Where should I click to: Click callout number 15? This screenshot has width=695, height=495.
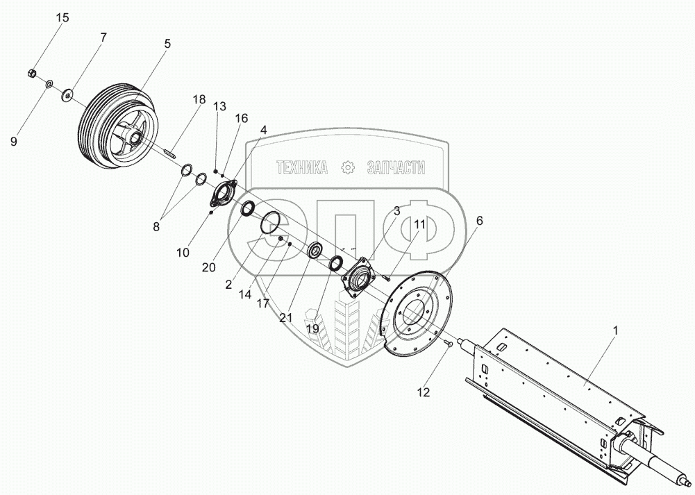coord(62,18)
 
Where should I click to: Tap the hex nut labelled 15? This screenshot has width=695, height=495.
coord(32,73)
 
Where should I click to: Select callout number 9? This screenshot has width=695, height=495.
coord(14,142)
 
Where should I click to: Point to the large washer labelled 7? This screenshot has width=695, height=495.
coord(68,95)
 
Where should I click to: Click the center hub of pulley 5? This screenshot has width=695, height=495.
coord(133,137)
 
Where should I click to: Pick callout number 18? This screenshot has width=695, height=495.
coord(199,100)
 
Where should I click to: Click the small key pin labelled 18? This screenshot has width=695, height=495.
coord(170,153)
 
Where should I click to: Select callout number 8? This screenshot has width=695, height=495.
coord(156,227)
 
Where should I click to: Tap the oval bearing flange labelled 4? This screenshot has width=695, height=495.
coord(224,194)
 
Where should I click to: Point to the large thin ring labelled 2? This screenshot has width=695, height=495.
coord(270,222)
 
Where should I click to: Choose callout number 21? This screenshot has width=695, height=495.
coord(286,317)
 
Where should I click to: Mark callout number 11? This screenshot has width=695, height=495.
coord(419,224)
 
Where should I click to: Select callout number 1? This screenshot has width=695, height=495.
coord(614,330)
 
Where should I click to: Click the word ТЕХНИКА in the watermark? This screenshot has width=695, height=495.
coord(302,167)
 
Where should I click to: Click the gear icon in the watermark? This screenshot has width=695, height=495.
coord(348,167)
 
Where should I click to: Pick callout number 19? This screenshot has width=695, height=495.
coord(312,329)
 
